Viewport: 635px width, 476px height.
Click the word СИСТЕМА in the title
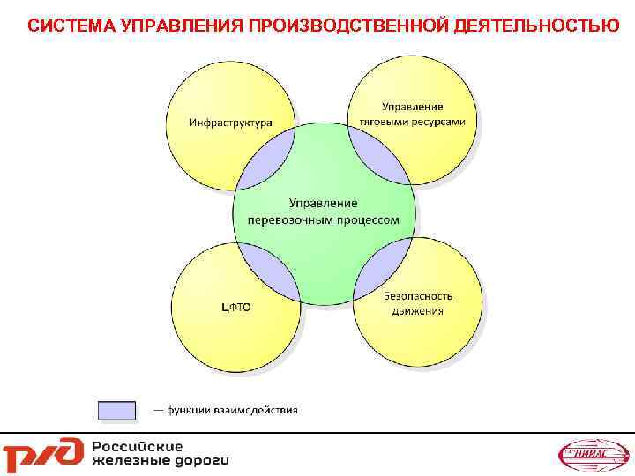coord(63,26)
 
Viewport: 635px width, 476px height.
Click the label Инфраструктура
coord(230,123)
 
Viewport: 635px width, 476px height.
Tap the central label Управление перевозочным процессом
coord(324,212)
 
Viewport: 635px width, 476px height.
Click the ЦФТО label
coord(235,307)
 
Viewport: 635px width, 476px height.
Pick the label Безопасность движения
coord(418,303)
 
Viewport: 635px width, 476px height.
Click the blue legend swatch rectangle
coord(116,410)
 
